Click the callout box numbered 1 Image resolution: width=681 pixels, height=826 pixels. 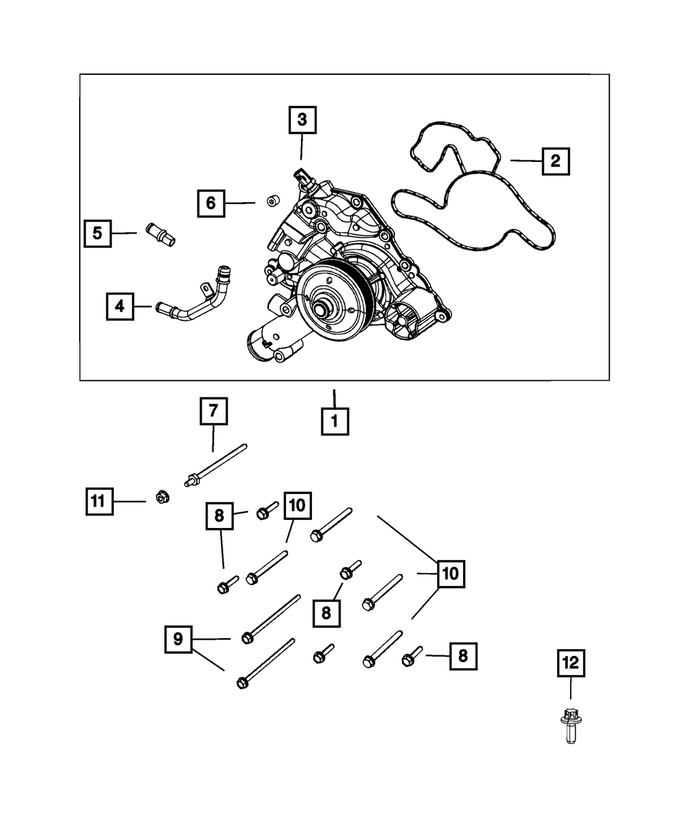pyautogui.click(x=334, y=421)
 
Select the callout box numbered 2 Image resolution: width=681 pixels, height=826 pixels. pyautogui.click(x=555, y=161)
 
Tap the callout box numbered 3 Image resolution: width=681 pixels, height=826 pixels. pyautogui.click(x=302, y=120)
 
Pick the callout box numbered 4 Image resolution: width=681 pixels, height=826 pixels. pyautogui.click(x=120, y=306)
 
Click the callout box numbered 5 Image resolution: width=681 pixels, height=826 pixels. pyautogui.click(x=98, y=233)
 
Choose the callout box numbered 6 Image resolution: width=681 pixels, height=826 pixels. pyautogui.click(x=211, y=203)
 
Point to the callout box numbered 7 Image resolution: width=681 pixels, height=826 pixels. pyautogui.click(x=213, y=412)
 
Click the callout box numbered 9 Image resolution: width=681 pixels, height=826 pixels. pyautogui.click(x=178, y=640)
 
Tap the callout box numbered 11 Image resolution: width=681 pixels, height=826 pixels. pyautogui.click(x=99, y=501)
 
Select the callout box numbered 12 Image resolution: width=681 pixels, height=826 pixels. pyautogui.click(x=571, y=663)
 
